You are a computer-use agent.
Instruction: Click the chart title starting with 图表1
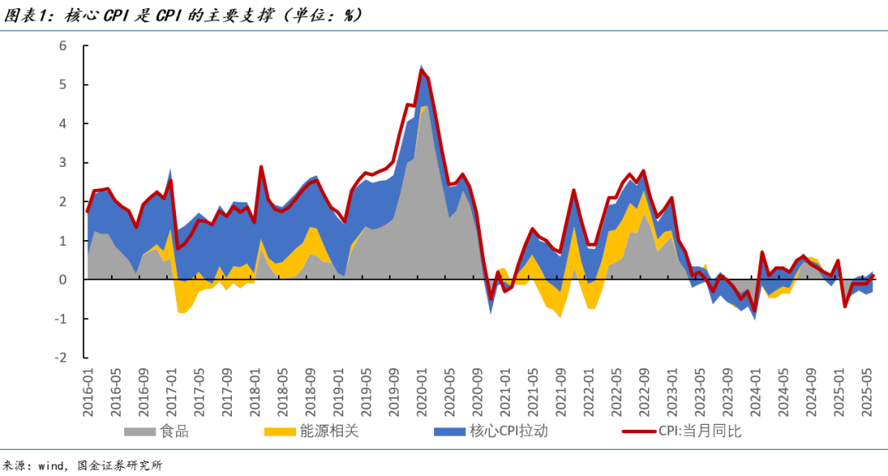181,15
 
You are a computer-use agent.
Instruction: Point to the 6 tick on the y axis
62,45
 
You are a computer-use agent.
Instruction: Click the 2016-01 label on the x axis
88,393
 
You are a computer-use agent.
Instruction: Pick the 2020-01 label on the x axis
421,393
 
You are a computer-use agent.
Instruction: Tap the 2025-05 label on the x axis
865,393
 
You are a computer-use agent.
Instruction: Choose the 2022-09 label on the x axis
643,393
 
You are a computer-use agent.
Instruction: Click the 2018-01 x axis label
254,393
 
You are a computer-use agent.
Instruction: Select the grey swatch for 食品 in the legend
140,432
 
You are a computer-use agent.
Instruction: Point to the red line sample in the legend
638,432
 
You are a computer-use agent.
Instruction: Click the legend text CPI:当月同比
700,432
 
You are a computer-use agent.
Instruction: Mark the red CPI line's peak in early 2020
421,71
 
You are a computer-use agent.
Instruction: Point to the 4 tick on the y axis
62,123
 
